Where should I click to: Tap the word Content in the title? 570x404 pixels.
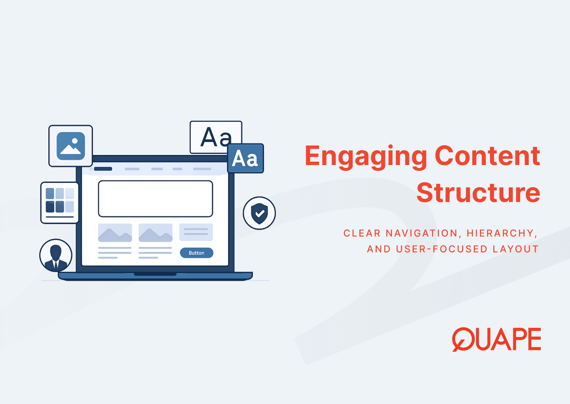488,155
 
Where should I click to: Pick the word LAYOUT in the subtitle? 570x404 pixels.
515,249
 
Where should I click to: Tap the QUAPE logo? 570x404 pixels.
497,339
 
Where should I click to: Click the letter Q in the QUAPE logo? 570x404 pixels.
464,339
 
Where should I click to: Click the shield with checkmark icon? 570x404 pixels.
259,213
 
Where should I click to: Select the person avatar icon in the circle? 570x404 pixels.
56,255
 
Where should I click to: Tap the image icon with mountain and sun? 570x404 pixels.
70,146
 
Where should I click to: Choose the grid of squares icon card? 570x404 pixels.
59,202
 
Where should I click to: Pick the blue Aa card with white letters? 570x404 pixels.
245,158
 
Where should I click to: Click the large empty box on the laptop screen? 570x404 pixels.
156,199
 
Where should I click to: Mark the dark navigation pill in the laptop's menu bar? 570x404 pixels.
103,169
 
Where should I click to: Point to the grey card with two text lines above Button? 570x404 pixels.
196,232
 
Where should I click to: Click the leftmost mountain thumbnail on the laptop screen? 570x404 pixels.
115,233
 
